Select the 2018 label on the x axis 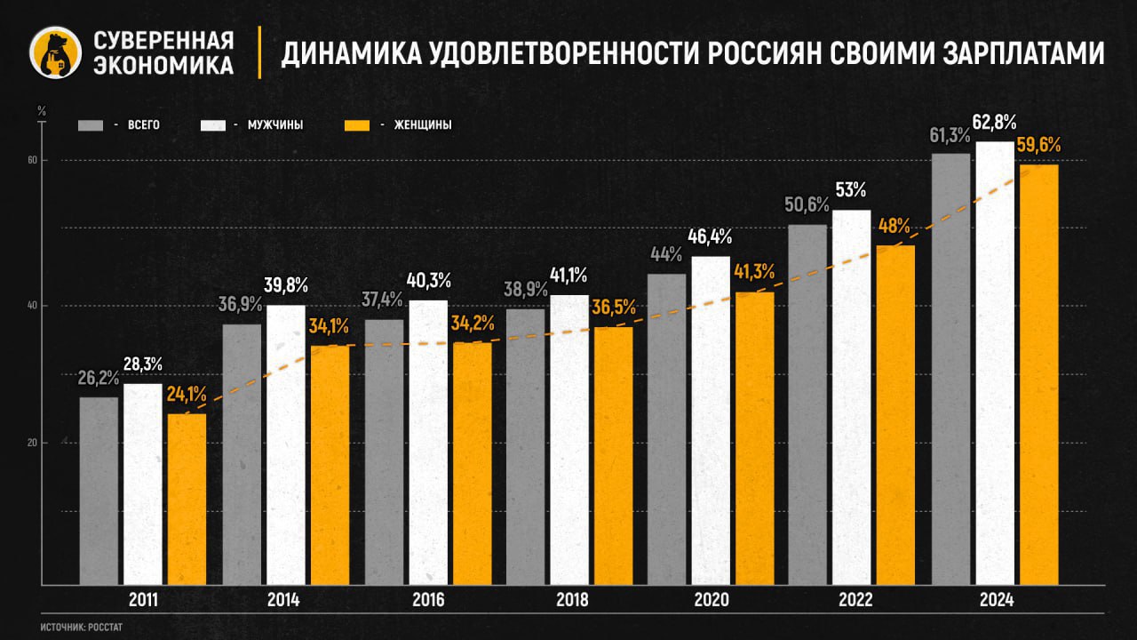coord(571,601)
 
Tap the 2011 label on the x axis coord(143,601)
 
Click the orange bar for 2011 coord(187,498)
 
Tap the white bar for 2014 coord(286,444)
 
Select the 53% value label coord(850,189)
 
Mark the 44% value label coord(665,254)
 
